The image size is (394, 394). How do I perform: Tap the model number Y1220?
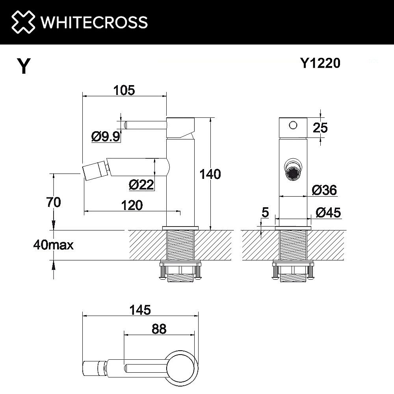coord(320,63)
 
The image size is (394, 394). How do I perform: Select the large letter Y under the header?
coord(24,67)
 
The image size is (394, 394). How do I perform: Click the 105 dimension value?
coord(124,90)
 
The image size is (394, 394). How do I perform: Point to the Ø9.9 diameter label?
coord(106,137)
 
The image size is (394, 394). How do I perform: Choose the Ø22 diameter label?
coord(141,184)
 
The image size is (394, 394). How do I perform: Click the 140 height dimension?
coord(210,174)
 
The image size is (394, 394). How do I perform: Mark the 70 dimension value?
coord(53,203)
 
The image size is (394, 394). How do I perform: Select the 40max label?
coord(54,245)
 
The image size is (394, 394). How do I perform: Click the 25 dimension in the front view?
coord(320,128)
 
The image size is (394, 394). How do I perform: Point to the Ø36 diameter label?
coord(324,190)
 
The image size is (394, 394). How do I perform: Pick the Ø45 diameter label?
coord(328,213)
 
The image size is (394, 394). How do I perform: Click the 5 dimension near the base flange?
coord(265,213)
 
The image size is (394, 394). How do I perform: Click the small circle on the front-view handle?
coord(292,125)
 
